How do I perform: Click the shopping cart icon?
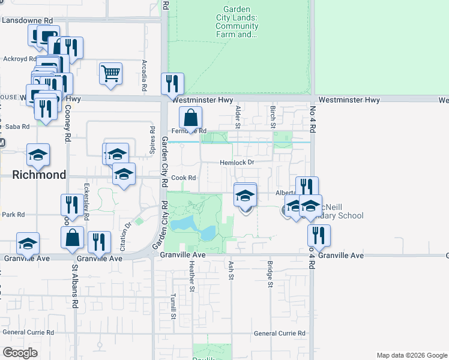111,74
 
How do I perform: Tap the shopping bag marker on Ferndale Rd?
190,118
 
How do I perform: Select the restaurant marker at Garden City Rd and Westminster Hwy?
173,85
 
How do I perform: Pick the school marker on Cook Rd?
124,175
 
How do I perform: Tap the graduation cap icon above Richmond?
38,155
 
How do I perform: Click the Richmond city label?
39,175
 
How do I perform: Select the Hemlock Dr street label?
237,163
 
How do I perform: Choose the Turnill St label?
173,308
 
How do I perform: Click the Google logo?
20,353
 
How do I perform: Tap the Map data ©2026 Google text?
411,355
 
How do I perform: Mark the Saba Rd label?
17,127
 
